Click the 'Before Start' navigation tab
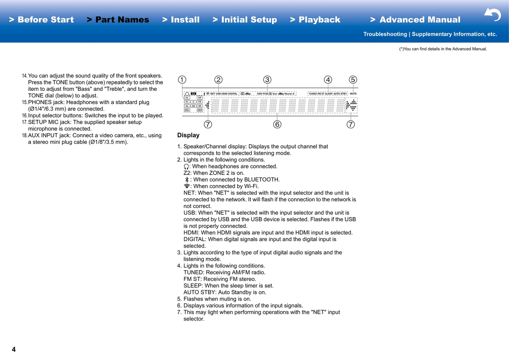pyautogui.click(x=42, y=20)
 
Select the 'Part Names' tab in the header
pyautogui.click(x=118, y=20)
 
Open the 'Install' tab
pyautogui.click(x=181, y=20)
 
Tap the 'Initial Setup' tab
pyautogui.click(x=245, y=20)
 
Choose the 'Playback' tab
pyautogui.click(x=315, y=20)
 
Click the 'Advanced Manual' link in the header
pyautogui.click(x=415, y=20)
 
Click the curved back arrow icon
pyautogui.click(x=493, y=14)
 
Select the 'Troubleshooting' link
pyautogui.click(x=385, y=34)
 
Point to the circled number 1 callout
pyautogui.click(x=182, y=80)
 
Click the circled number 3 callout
pyautogui.click(x=267, y=80)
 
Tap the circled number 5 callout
pyautogui.click(x=353, y=80)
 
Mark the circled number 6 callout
pyautogui.click(x=277, y=125)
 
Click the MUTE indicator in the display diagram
pyautogui.click(x=353, y=94)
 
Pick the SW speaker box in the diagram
pyautogui.click(x=193, y=106)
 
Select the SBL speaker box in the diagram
pyautogui.click(x=187, y=110)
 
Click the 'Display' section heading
pyautogui.click(x=188, y=135)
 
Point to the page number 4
pyautogui.click(x=14, y=349)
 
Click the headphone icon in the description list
pyautogui.click(x=186, y=167)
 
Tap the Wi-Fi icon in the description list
pyautogui.click(x=187, y=186)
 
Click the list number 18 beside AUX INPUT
pyautogui.click(x=24, y=135)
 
